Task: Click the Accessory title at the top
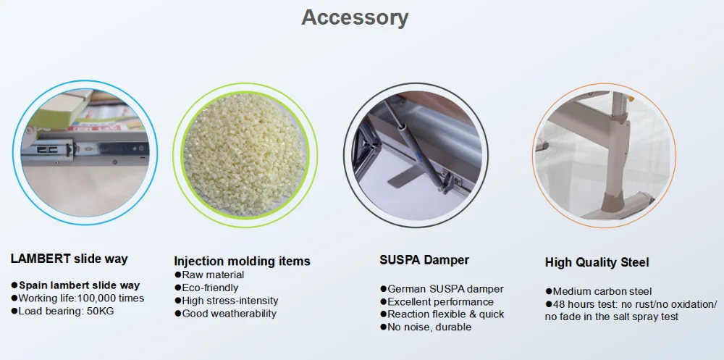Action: point(355,18)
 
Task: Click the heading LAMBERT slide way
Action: point(69,259)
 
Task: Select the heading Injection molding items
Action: point(242,261)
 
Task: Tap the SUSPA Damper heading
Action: point(424,260)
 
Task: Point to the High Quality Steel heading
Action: point(597,262)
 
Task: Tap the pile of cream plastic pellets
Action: point(245,155)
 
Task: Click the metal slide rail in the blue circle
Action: point(85,148)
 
